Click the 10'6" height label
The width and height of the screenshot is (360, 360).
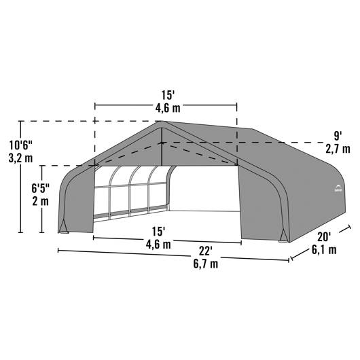(21, 145)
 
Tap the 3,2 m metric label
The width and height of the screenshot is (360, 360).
(20, 158)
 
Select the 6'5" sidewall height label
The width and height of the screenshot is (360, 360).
(40, 189)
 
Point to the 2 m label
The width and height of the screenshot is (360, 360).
(40, 202)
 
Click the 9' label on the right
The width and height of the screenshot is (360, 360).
(337, 137)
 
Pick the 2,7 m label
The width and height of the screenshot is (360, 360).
(338, 149)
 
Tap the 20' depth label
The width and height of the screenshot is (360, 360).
(324, 237)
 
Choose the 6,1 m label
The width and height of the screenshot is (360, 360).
(324, 249)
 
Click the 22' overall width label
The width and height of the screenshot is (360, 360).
(205, 251)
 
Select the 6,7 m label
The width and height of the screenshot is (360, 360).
(206, 264)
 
